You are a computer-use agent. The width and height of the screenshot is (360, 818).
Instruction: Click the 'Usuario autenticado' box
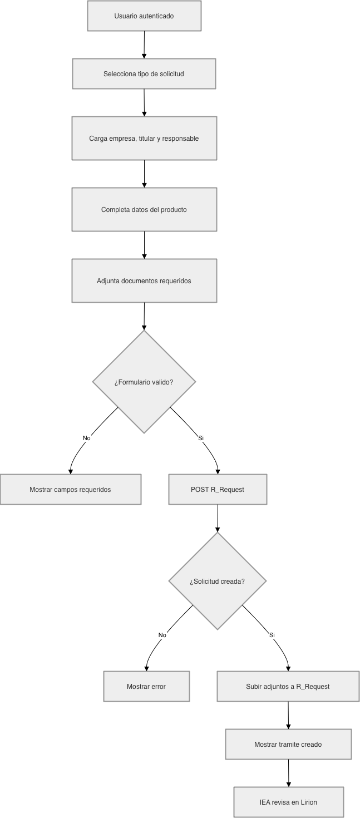pyautogui.click(x=144, y=16)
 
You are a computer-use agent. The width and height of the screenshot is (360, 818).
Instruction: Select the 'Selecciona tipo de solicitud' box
pyautogui.click(x=144, y=73)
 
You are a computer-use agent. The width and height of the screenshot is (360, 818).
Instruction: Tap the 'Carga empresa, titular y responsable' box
pyautogui.click(x=144, y=138)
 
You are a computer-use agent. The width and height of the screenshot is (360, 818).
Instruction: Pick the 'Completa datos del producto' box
pyautogui.click(x=144, y=209)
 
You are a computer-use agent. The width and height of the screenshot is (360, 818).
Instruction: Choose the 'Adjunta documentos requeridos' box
pyautogui.click(x=144, y=280)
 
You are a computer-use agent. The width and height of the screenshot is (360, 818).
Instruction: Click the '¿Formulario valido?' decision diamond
pyautogui.click(x=144, y=382)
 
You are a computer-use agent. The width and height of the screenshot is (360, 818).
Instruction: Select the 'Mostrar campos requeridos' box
pyautogui.click(x=71, y=489)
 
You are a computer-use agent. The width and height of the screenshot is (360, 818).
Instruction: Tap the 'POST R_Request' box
pyautogui.click(x=218, y=489)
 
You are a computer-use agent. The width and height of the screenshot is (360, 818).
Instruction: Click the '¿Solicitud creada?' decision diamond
pyautogui.click(x=217, y=581)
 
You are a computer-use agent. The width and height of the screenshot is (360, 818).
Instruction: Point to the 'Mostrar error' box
pyautogui.click(x=146, y=686)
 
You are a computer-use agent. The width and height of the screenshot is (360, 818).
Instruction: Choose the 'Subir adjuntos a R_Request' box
pyautogui.click(x=288, y=686)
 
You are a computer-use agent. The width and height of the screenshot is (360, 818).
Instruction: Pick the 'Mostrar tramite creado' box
pyautogui.click(x=288, y=744)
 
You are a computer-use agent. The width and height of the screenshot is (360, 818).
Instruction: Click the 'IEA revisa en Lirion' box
pyautogui.click(x=288, y=802)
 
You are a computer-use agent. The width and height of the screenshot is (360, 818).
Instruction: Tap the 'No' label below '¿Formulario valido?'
pyautogui.click(x=87, y=438)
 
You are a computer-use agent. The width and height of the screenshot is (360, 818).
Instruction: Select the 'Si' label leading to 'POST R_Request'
pyautogui.click(x=201, y=438)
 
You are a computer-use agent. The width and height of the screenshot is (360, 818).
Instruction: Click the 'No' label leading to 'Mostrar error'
pyautogui.click(x=162, y=635)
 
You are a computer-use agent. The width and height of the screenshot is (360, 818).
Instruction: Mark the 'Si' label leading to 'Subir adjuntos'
pyautogui.click(x=272, y=635)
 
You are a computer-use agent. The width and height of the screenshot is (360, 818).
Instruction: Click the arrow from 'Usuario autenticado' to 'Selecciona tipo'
pyautogui.click(x=144, y=45)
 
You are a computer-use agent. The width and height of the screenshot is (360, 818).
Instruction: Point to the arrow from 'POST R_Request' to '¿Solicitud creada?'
pyautogui.click(x=218, y=519)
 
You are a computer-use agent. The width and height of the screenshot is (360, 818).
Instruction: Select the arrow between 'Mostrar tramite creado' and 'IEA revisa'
pyautogui.click(x=288, y=773)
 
